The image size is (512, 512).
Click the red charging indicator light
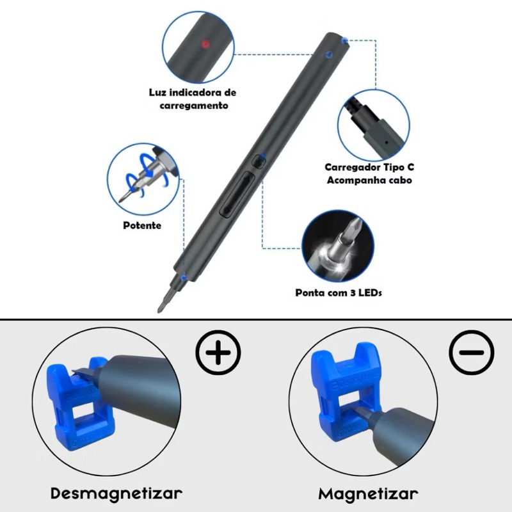coord(205,44)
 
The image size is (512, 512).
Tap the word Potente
coord(142,225)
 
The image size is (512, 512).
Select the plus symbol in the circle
coord(219,353)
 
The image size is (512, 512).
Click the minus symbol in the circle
coord(471,353)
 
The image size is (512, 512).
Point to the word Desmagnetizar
coord(116,493)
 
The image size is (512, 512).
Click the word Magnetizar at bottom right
coord(368,493)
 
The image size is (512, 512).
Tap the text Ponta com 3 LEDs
coord(339,292)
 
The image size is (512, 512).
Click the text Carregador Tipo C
coord(369,167)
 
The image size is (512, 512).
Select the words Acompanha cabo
coord(369,180)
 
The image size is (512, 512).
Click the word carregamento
coord(194,106)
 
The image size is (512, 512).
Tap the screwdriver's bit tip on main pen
coord(161,308)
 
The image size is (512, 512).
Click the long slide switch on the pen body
coord(237,195)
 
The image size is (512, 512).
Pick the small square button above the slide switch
coord(259,161)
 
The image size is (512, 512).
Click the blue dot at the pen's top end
coord(344,40)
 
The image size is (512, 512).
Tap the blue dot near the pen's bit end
coord(184,278)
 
